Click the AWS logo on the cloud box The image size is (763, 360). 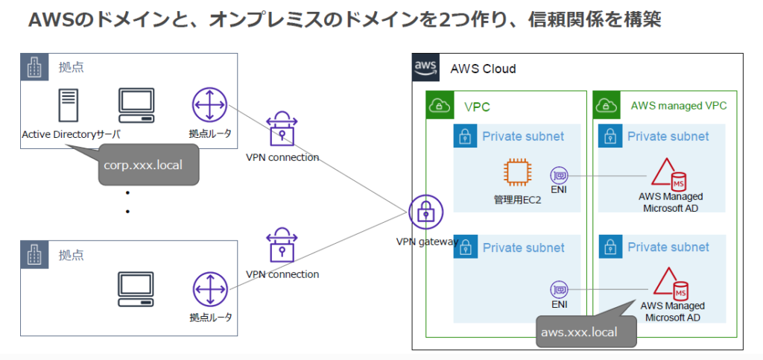coord(425,68)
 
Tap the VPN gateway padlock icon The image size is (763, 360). coord(425,212)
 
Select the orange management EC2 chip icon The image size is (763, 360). coord(518,173)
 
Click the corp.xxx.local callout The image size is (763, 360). coord(149,165)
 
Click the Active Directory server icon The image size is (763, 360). coord(69,107)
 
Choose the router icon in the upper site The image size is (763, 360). coord(209,106)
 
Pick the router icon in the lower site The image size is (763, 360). coord(209,291)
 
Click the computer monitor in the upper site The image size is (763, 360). coord(136,107)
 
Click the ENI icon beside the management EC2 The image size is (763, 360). coord(560,176)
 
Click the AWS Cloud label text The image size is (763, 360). coord(483,69)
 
